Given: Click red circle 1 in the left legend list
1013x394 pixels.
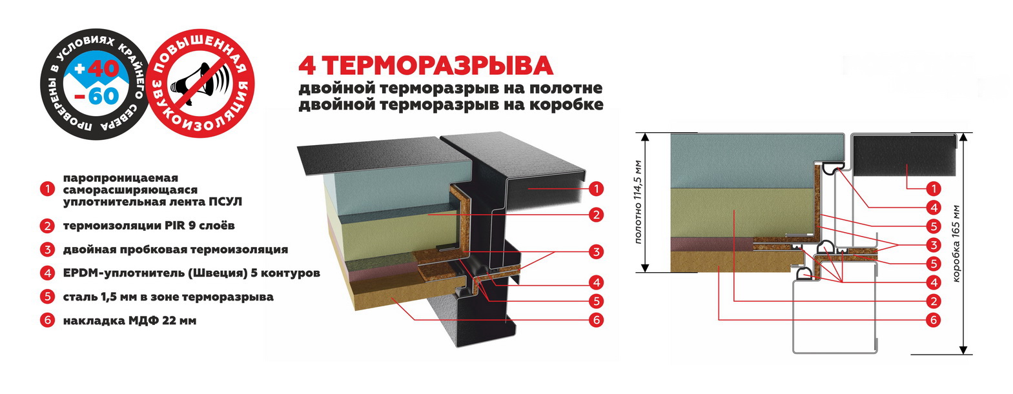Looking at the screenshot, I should [47, 190].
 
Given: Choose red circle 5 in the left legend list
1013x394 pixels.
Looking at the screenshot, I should [47, 297].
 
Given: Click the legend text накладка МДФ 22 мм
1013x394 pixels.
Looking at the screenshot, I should [129, 320].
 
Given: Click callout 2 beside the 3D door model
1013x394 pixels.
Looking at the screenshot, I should [596, 215].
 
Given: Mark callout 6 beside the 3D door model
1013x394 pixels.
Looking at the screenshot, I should [596, 320].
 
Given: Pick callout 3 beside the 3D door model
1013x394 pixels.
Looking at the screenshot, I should [596, 251].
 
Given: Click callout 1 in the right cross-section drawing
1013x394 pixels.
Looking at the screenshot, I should [933, 189].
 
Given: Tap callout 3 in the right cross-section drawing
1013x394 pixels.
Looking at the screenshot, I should [933, 244].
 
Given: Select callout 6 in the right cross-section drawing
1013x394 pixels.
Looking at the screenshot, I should [933, 320].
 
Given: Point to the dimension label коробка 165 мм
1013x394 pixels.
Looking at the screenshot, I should [956, 244].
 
